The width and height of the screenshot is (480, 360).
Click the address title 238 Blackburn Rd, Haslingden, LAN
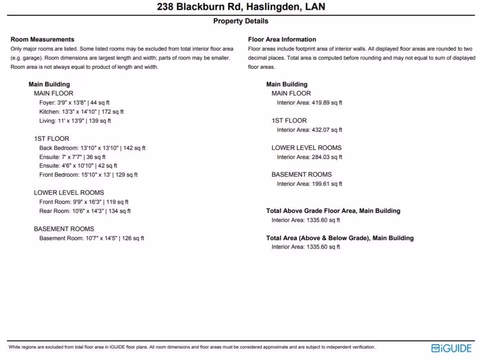(x=240, y=7)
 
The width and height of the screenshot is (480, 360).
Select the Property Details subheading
(x=240, y=21)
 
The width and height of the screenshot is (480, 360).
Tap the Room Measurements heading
(x=42, y=39)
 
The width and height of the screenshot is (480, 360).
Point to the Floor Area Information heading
(x=282, y=39)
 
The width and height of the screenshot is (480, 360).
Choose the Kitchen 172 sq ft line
(x=81, y=112)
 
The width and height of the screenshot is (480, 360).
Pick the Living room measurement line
(x=75, y=121)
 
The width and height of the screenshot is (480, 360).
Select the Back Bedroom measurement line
(x=92, y=148)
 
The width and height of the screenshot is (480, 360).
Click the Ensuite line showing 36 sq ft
(x=72, y=157)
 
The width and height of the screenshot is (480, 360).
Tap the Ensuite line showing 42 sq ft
(x=78, y=166)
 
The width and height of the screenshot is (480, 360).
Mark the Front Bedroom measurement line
(x=88, y=175)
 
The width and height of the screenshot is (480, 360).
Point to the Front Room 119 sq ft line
(x=83, y=202)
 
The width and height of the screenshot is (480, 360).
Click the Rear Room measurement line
(x=85, y=211)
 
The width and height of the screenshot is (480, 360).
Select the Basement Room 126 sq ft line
(x=91, y=238)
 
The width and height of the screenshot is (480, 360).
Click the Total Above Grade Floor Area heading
(x=333, y=211)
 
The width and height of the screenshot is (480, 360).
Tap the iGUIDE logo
(x=451, y=348)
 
